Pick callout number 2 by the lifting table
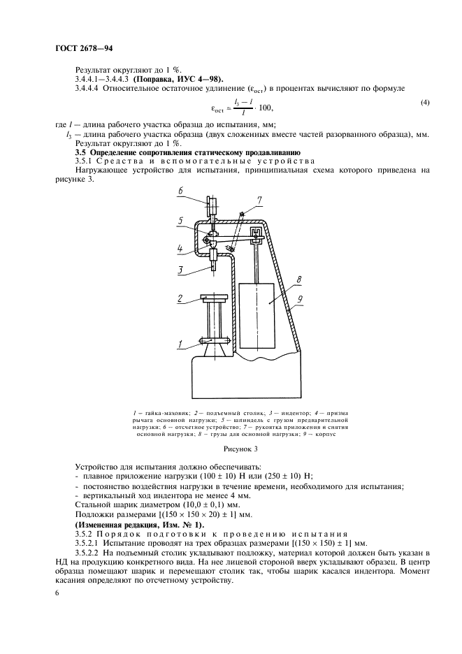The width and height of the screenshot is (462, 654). (180, 298)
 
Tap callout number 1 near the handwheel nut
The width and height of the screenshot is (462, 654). (180, 343)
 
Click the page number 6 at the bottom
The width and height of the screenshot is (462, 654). (58, 593)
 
